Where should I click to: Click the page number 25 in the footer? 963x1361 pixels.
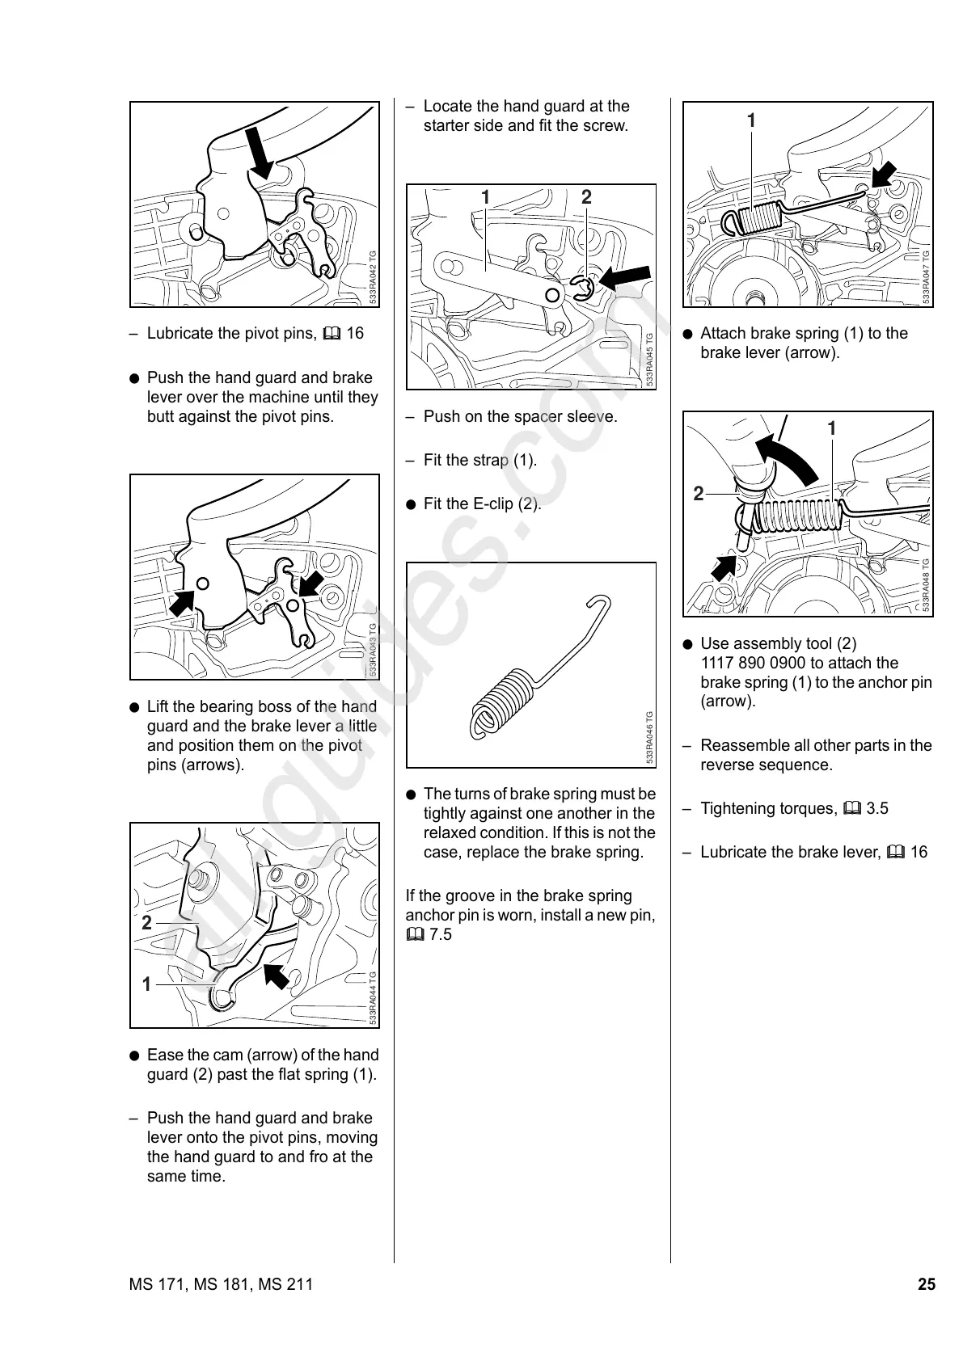coord(926,1284)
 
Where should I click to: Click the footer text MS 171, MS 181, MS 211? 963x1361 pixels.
coord(220,1284)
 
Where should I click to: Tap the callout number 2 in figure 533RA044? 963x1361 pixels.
coord(146,923)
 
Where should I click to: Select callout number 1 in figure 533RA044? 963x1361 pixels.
coord(146,984)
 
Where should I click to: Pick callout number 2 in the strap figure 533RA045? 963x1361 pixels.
coord(586,196)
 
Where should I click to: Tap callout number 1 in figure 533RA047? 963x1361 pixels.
coord(751,121)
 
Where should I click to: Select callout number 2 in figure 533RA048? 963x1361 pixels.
coord(699,493)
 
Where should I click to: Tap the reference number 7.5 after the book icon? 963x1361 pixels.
coord(441,934)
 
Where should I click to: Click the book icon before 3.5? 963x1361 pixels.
coord(851,808)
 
